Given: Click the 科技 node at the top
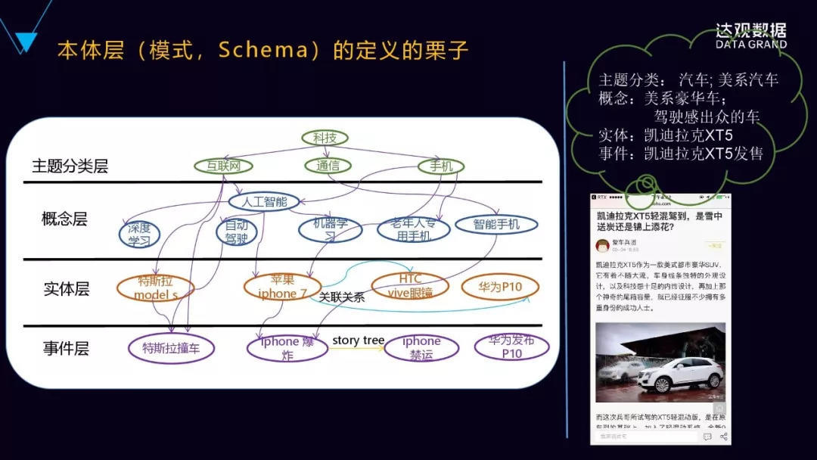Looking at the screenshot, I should pyautogui.click(x=325, y=138).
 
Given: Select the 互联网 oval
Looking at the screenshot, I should pyautogui.click(x=223, y=166).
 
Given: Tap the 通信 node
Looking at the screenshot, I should pyautogui.click(x=328, y=166).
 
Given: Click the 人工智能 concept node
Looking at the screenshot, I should pyautogui.click(x=264, y=202).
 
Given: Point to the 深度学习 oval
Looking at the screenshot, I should pyautogui.click(x=139, y=234).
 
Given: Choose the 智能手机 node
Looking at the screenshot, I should pyautogui.click(x=496, y=224).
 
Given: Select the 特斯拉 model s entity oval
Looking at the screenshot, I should pyautogui.click(x=156, y=287).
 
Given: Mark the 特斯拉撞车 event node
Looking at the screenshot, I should pyautogui.click(x=172, y=348).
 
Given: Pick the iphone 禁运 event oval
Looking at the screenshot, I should pyautogui.click(x=421, y=348).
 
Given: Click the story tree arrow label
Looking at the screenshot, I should pyautogui.click(x=358, y=340).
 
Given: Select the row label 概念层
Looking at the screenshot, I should pyautogui.click(x=64, y=219).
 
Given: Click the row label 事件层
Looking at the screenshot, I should pyautogui.click(x=66, y=349).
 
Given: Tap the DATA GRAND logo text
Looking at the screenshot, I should pyautogui.click(x=750, y=44).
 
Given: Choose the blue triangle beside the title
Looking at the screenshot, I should pyautogui.click(x=26, y=42).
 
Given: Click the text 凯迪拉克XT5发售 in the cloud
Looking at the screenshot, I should pyautogui.click(x=704, y=154).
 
